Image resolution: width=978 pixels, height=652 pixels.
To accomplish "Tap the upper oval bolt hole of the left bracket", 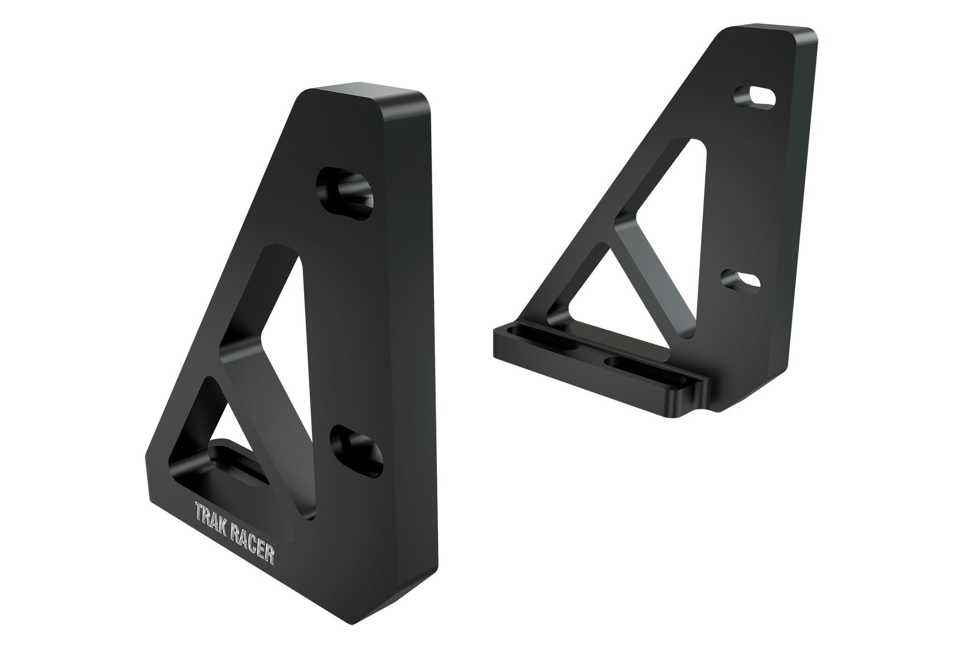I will coord(346,194).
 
